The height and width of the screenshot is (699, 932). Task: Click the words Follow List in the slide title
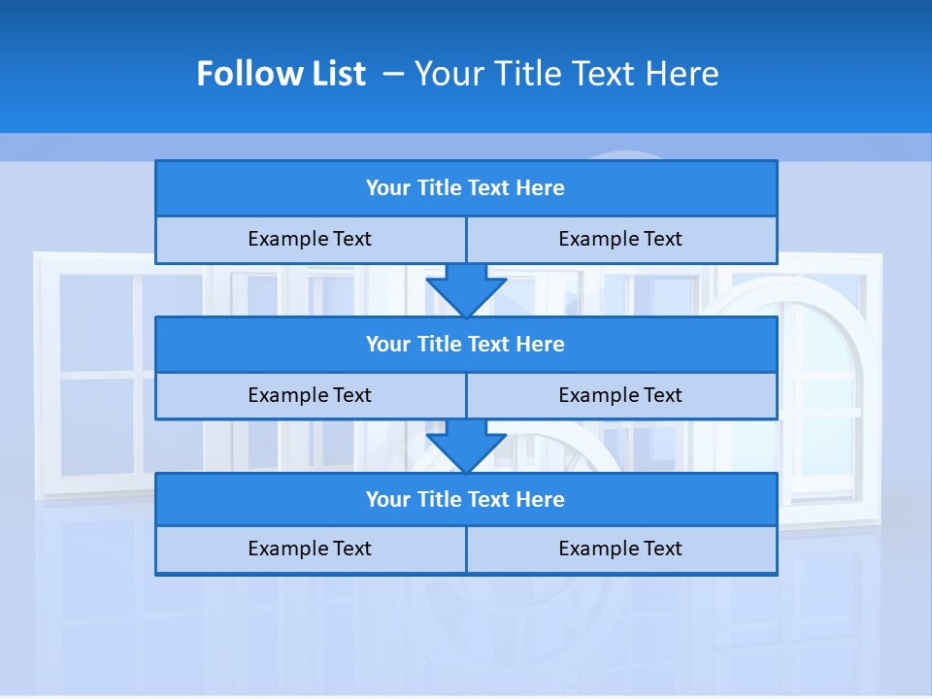coord(281,74)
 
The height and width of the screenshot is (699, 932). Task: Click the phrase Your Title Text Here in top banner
coord(566,74)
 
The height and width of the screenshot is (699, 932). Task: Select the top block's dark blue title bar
coord(466,188)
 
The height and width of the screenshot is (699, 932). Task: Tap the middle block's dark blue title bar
coord(466,344)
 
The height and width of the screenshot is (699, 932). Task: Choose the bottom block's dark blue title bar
coord(466,499)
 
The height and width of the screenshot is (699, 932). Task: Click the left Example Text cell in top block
coord(310,239)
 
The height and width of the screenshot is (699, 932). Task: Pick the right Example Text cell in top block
coord(620,239)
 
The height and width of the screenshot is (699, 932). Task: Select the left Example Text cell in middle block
coord(310,395)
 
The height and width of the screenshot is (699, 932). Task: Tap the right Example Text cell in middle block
coord(620,395)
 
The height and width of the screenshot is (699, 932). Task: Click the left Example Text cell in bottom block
coord(310,549)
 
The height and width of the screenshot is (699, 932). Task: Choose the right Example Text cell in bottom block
coord(620,549)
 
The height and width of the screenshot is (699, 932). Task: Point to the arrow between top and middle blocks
coord(466,289)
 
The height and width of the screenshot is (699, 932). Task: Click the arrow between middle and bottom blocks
coord(466,446)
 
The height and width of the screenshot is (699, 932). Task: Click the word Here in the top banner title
coord(686,74)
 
